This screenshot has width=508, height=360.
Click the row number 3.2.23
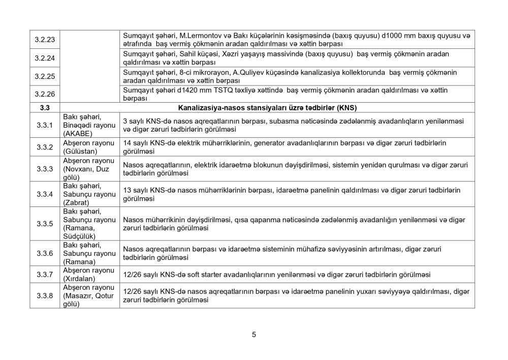click(45, 39)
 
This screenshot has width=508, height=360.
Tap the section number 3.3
click(45, 108)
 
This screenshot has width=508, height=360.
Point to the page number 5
click(253, 335)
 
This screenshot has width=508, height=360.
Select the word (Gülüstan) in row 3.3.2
click(79, 151)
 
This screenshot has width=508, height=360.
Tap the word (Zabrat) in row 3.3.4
click(76, 202)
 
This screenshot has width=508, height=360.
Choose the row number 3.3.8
click(45, 296)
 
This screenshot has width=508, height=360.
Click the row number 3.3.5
click(45, 224)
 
